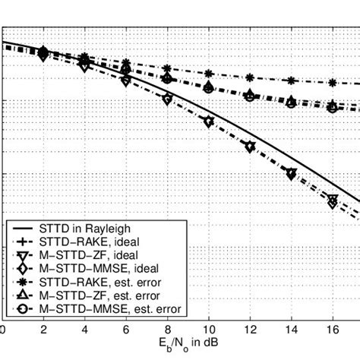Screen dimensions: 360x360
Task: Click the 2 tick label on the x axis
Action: tap(43, 330)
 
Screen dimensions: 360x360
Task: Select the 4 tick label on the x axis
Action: tap(84, 330)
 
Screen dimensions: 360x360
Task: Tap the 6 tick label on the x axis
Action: tap(125, 330)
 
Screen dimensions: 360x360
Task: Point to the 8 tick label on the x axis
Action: tap(167, 330)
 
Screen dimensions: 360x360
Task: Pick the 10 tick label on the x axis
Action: tap(208, 330)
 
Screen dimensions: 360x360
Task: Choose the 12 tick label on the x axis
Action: tap(250, 330)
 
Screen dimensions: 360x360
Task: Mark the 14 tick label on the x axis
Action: tap(291, 330)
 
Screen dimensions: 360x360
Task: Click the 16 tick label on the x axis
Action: tap(333, 330)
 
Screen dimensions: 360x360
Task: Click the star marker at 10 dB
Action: tap(209, 74)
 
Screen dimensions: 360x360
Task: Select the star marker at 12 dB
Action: tap(250, 77)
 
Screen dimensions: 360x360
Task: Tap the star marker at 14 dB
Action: tap(291, 80)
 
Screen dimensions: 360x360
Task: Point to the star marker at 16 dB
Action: tap(332, 82)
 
